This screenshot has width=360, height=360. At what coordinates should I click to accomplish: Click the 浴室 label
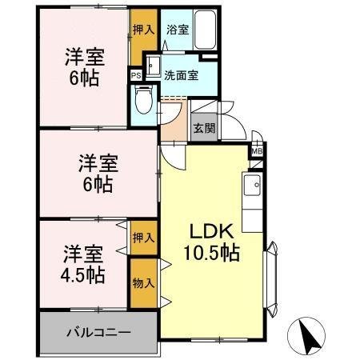177,30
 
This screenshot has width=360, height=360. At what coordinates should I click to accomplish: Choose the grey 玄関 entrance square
202,126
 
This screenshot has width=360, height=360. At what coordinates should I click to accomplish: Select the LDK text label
210,232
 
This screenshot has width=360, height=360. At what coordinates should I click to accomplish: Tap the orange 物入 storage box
144,284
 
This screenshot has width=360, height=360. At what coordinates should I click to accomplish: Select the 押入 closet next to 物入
144,239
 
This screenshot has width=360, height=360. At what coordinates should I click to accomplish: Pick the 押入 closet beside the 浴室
143,30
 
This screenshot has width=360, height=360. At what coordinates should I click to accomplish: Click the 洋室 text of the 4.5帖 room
83,255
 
